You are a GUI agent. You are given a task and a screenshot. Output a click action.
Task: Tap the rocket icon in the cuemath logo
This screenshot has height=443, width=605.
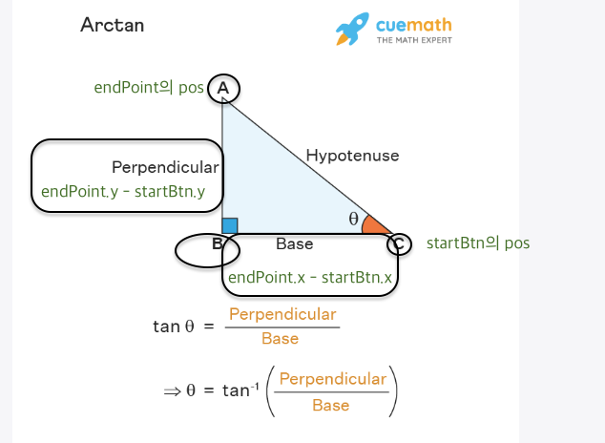coord(351,29)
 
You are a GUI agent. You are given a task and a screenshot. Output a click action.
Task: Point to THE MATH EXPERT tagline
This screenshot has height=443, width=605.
coord(414,40)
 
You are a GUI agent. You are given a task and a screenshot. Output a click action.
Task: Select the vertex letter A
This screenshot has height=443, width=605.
coord(222,89)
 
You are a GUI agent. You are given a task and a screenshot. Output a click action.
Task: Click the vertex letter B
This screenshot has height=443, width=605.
coord(218,244)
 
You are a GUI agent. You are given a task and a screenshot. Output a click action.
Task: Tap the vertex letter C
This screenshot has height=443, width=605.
coord(399,243)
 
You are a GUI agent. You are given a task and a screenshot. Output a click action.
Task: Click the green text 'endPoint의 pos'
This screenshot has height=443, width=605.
coord(149,88)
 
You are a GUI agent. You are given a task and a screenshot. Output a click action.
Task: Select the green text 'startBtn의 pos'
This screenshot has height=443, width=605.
coord(477,243)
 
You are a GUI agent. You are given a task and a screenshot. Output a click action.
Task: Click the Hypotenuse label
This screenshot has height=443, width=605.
coord(352,156)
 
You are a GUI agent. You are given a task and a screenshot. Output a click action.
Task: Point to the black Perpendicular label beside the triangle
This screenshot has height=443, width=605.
coord(165,167)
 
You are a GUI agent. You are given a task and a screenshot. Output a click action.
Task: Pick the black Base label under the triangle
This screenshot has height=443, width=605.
coord(294,244)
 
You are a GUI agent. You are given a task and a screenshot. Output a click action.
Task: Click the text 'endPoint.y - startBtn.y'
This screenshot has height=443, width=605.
coord(123,192)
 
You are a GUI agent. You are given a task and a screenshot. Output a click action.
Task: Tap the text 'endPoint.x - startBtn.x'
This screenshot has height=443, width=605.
coord(310,278)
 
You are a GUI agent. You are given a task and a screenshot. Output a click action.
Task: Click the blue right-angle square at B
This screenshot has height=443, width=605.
coord(230,225)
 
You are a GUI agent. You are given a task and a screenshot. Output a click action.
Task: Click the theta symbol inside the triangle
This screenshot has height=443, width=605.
coord(353,219)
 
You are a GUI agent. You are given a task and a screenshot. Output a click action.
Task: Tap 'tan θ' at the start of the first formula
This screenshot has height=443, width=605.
coord(173,327)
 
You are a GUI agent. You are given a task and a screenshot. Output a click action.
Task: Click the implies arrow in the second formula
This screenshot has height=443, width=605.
coord(172,390)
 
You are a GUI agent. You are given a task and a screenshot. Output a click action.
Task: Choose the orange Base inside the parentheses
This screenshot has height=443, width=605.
coord(330,405)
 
